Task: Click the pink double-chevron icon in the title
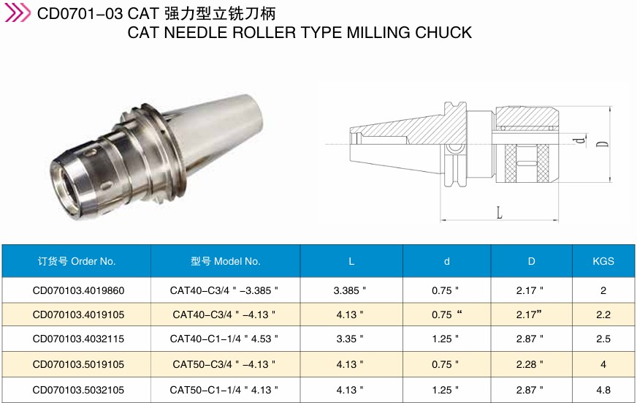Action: (17, 12)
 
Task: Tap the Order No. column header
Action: (77, 261)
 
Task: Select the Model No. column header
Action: (226, 261)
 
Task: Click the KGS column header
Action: (603, 261)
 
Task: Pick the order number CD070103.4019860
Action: (78, 291)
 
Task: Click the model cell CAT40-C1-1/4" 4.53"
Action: (224, 339)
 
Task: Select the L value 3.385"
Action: (350, 291)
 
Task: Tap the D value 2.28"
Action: (530, 364)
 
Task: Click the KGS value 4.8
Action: (603, 390)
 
